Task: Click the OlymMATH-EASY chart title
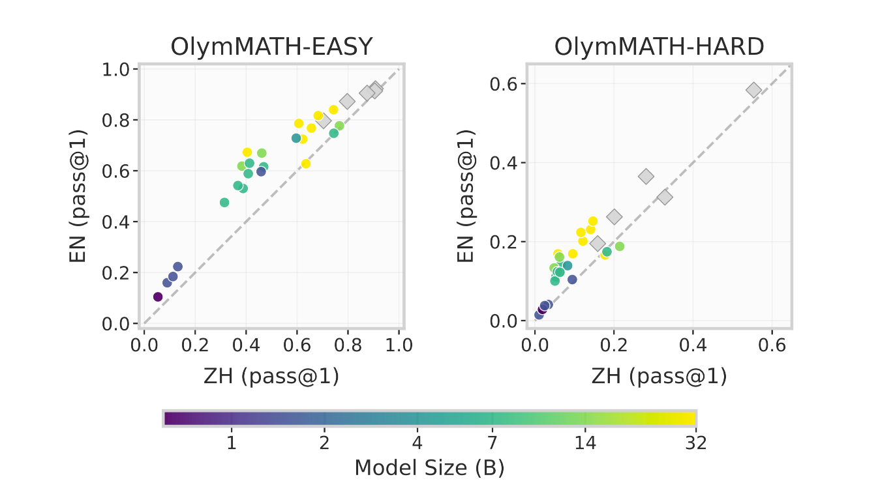(x=272, y=47)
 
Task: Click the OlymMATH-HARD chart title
(x=659, y=47)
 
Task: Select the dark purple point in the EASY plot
(x=158, y=297)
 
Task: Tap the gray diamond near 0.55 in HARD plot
(x=754, y=90)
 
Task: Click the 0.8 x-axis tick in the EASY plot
(x=348, y=344)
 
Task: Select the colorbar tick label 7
(x=492, y=443)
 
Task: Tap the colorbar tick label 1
(x=231, y=443)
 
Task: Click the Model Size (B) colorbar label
(x=429, y=467)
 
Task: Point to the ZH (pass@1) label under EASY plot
(x=271, y=377)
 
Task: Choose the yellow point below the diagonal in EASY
(x=306, y=164)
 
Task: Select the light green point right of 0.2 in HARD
(x=619, y=246)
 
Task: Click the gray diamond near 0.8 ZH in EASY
(x=347, y=101)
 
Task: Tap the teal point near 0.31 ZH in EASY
(x=224, y=203)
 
